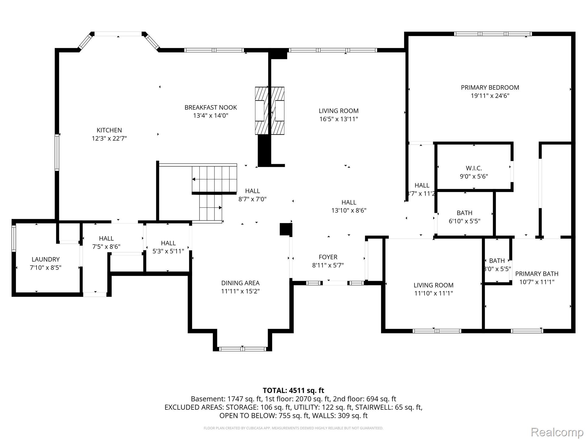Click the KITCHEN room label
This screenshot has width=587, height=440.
(109, 130)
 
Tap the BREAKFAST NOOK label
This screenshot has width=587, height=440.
(211, 108)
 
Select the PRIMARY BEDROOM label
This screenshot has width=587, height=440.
(490, 88)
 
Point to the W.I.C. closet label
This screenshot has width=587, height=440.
(474, 168)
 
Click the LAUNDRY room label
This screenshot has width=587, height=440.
(46, 260)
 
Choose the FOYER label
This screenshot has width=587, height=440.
(328, 257)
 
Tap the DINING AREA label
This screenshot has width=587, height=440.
(240, 283)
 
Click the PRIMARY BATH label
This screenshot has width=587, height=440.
(537, 274)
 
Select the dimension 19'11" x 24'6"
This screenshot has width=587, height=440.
(490, 96)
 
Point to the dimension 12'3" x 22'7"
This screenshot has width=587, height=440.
(109, 139)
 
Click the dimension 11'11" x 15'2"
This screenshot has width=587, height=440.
(240, 291)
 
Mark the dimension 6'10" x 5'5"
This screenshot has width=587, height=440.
(464, 221)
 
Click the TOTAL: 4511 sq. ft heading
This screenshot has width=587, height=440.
(293, 390)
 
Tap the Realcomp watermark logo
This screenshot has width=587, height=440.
(557, 432)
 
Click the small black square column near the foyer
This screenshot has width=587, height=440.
(285, 229)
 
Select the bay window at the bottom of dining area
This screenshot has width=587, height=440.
(242, 349)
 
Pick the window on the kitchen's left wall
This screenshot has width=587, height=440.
(57, 152)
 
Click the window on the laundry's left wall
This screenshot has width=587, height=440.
(14, 239)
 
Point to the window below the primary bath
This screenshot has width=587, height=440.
(527, 331)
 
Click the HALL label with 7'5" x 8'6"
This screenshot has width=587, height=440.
(106, 239)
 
